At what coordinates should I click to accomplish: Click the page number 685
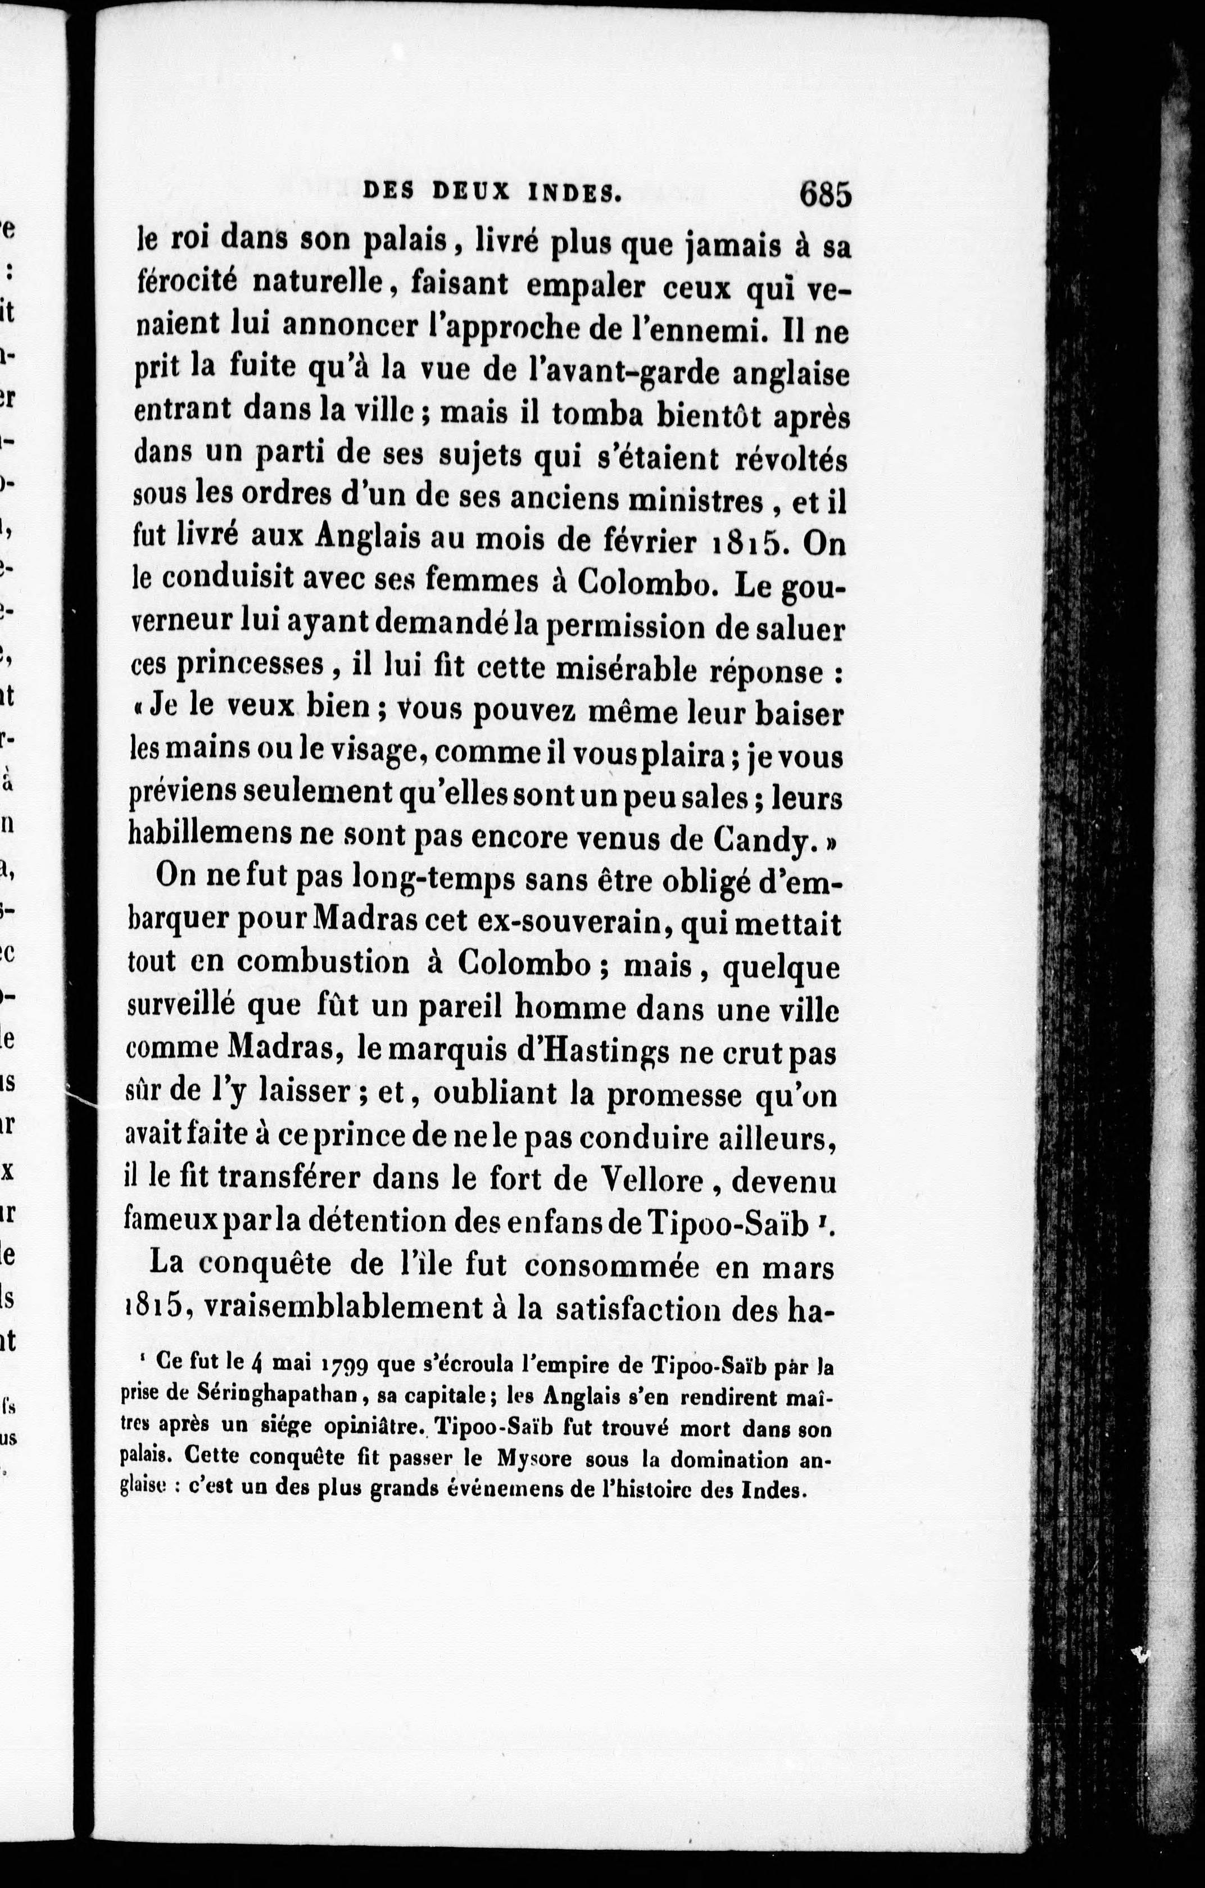(825, 194)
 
